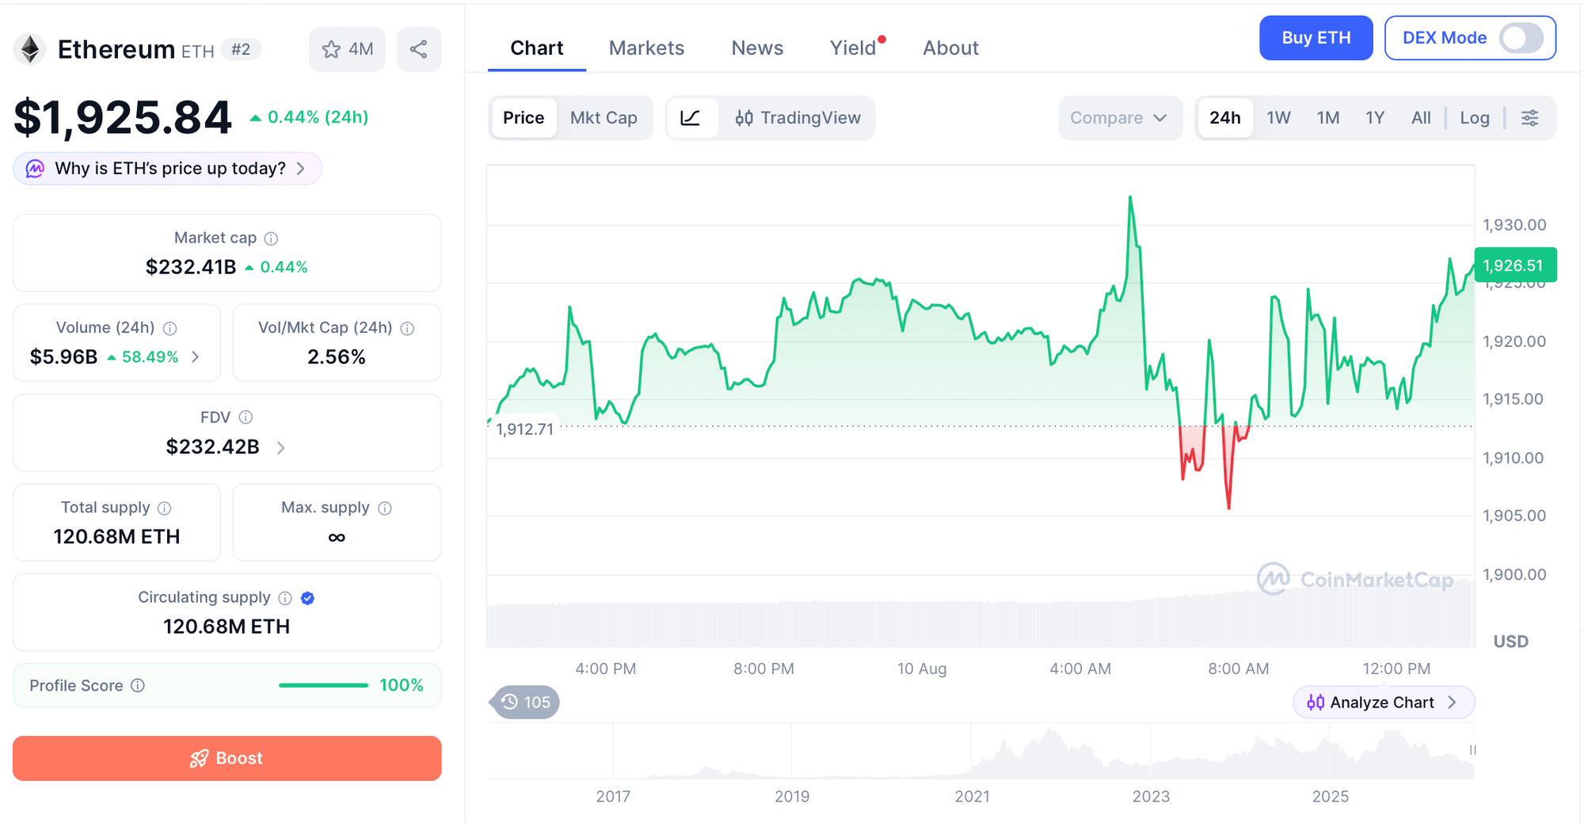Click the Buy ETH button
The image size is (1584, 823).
pyautogui.click(x=1316, y=38)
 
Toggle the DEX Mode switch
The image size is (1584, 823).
pyautogui.click(x=1521, y=38)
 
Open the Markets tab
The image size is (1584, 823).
pyautogui.click(x=646, y=48)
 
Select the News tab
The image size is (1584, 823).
pyautogui.click(x=757, y=48)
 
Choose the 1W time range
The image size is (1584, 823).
pyautogui.click(x=1278, y=118)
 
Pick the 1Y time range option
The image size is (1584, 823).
pyautogui.click(x=1375, y=118)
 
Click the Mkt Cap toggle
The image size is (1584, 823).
pyautogui.click(x=604, y=118)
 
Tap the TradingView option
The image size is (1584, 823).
pyautogui.click(x=798, y=118)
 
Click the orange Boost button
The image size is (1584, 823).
pyautogui.click(x=227, y=758)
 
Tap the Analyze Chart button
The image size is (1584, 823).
pyautogui.click(x=1383, y=703)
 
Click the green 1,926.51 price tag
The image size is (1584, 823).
pyautogui.click(x=1514, y=265)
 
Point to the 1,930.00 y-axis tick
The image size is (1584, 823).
pyautogui.click(x=1514, y=225)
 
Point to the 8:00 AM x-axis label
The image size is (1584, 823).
pyautogui.click(x=1238, y=669)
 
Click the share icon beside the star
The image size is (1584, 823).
pyautogui.click(x=419, y=49)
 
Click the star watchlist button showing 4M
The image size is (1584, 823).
pyautogui.click(x=347, y=49)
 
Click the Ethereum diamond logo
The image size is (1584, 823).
pyautogui.click(x=30, y=49)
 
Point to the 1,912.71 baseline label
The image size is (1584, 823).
pyautogui.click(x=525, y=429)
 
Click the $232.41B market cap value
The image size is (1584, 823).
pyautogui.click(x=191, y=267)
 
